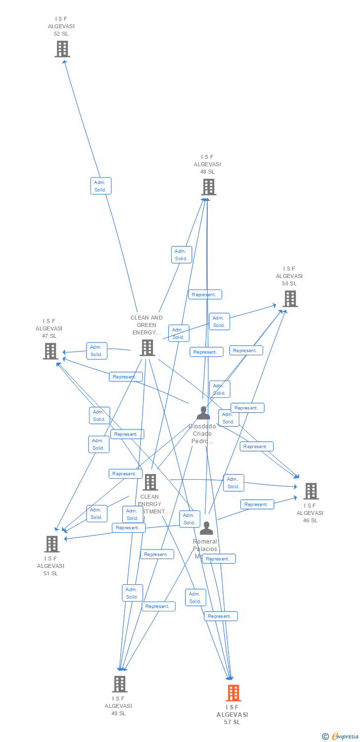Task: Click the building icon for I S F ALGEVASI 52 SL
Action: click(62, 49)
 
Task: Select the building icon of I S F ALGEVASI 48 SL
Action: click(209, 187)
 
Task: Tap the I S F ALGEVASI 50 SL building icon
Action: click(290, 299)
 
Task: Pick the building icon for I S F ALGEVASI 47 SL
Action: click(50, 351)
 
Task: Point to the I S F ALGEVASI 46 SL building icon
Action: click(311, 491)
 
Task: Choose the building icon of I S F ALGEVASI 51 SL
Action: click(51, 544)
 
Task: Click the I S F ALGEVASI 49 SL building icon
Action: click(119, 684)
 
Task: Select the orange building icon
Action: click(233, 693)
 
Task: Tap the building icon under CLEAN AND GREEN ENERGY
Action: click(147, 348)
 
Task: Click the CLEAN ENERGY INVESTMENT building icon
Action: click(150, 482)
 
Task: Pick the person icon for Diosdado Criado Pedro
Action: click(203, 413)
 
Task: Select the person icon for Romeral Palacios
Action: click(206, 528)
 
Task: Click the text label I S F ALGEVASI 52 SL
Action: click(61, 26)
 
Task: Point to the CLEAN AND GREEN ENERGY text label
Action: click(146, 325)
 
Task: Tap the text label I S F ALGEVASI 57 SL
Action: click(232, 715)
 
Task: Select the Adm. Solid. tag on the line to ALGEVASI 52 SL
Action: click(100, 185)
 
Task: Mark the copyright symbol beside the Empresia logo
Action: click(325, 737)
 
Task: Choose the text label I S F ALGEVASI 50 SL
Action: click(289, 276)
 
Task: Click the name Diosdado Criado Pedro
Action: click(202, 434)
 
